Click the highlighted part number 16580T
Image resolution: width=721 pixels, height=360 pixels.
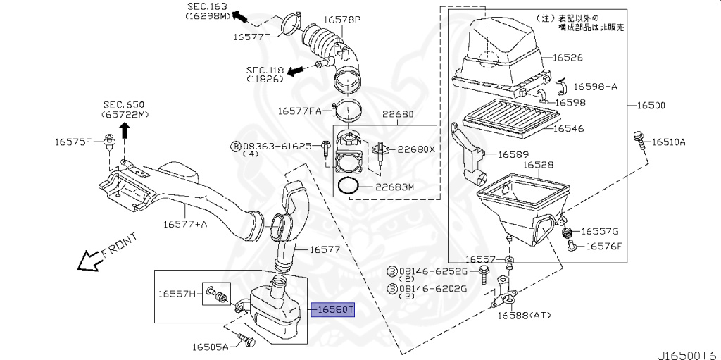click(336, 309)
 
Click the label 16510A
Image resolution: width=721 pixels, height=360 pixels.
click(668, 142)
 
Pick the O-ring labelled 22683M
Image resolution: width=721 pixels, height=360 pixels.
click(349, 186)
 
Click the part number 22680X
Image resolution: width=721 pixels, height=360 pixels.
click(416, 149)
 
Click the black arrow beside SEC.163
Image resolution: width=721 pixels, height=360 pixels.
click(239, 15)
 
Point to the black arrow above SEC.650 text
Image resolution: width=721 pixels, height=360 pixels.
click(123, 130)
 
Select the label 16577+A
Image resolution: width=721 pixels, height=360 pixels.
click(185, 224)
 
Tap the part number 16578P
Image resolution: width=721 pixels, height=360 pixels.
click(342, 20)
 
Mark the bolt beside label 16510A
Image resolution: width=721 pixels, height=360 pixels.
click(639, 139)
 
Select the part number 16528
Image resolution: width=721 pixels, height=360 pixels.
click(538, 165)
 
